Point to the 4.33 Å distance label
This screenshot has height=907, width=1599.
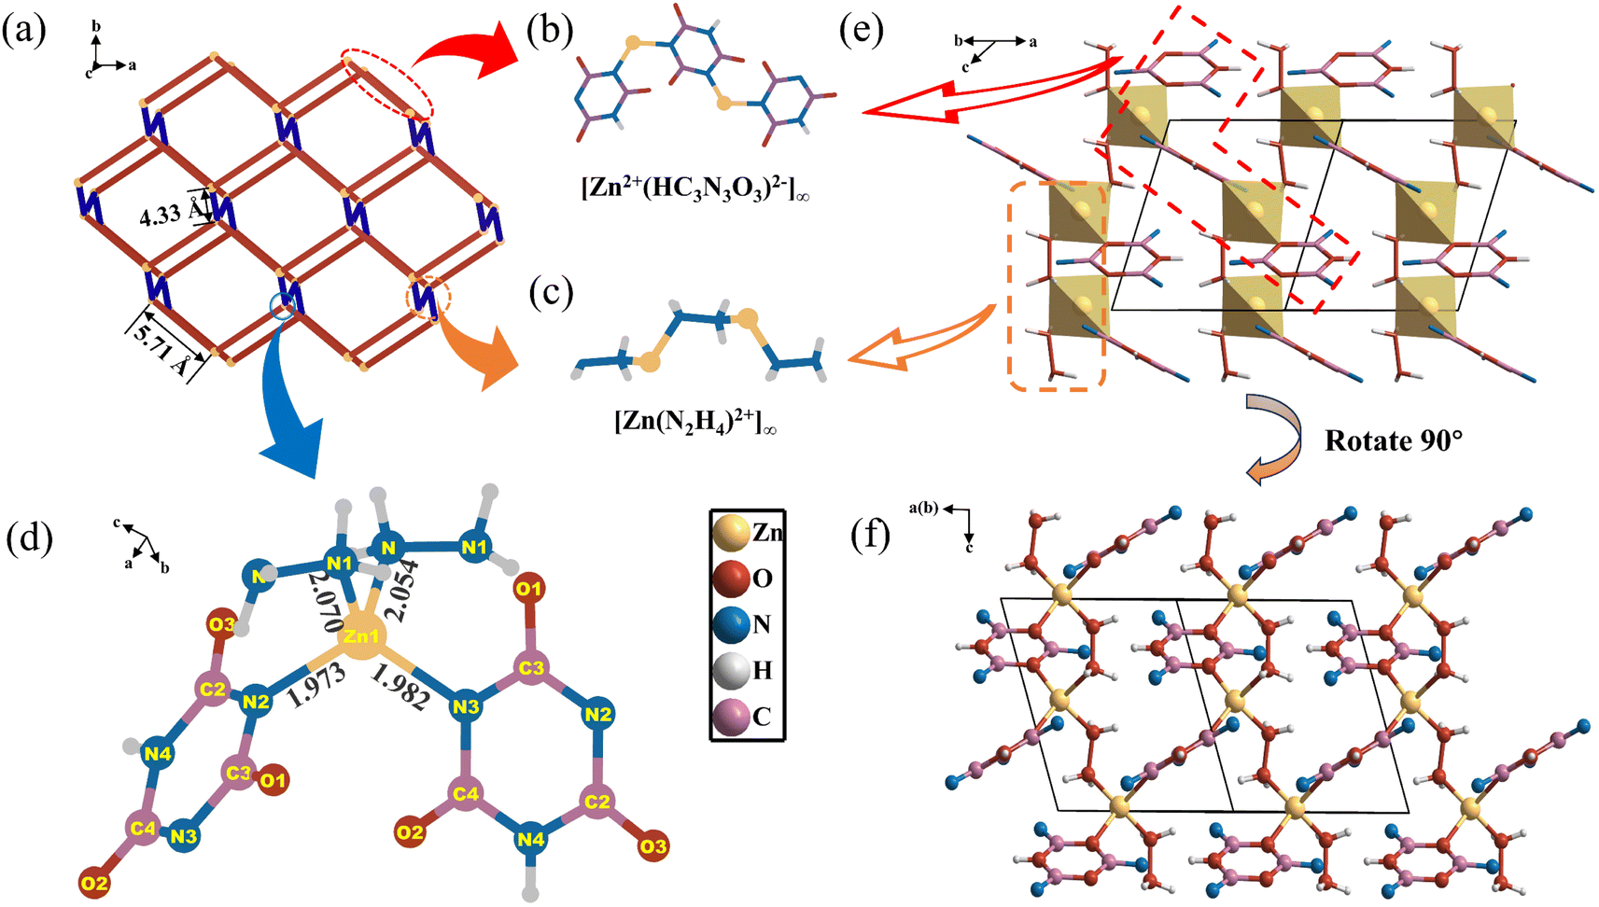[x=169, y=215]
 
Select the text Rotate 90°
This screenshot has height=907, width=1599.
[x=1393, y=440]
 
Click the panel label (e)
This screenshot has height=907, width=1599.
[x=861, y=31]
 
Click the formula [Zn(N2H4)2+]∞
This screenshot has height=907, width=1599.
[x=694, y=422]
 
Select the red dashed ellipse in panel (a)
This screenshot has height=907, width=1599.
[x=387, y=84]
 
